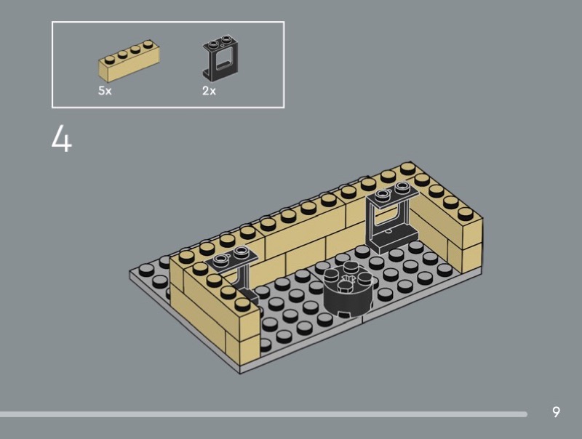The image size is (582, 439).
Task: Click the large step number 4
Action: tap(62, 138)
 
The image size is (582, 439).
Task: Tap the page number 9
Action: tap(556, 412)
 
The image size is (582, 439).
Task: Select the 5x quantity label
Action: tap(105, 90)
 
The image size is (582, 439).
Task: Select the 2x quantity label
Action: tap(209, 90)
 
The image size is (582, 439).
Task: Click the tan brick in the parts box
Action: tap(129, 61)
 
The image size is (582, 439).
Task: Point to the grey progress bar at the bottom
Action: tap(263, 414)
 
